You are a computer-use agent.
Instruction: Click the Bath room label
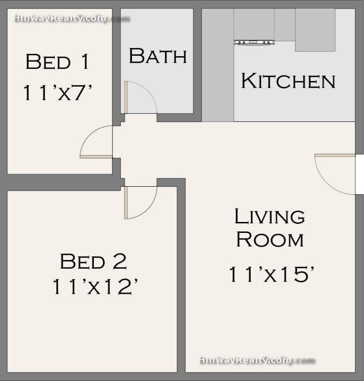pyautogui.click(x=158, y=56)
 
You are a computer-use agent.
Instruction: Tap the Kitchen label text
pyautogui.click(x=288, y=80)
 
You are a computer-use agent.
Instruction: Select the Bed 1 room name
pyautogui.click(x=57, y=61)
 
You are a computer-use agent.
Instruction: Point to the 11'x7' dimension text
pyautogui.click(x=57, y=92)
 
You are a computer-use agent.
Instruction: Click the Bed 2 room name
pyautogui.click(x=93, y=261)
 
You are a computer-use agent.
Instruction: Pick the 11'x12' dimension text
pyautogui.click(x=95, y=287)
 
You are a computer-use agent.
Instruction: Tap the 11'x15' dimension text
pyautogui.click(x=272, y=274)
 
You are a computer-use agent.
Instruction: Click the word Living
pyautogui.click(x=270, y=216)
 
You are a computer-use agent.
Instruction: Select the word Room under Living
pyautogui.click(x=270, y=240)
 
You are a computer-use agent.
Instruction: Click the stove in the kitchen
pyautogui.click(x=254, y=42)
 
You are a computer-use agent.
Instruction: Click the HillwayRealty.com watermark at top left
pyautogui.click(x=72, y=19)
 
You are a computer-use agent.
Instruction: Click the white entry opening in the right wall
pyautogui.click(x=359, y=174)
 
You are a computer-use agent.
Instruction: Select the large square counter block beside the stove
pyautogui.click(x=315, y=30)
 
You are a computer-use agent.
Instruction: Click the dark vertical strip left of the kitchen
pyautogui.click(x=218, y=65)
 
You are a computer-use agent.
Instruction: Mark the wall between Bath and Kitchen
pyautogui.click(x=197, y=61)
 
